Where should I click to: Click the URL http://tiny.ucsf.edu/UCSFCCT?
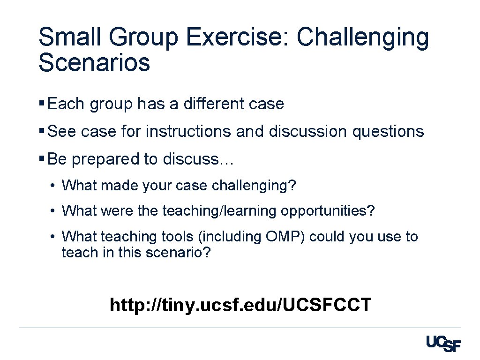[240, 305]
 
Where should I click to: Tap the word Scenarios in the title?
[94, 62]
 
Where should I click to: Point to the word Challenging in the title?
[363, 38]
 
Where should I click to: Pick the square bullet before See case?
[42, 131]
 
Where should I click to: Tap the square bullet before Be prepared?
[42, 159]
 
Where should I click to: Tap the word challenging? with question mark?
[254, 186]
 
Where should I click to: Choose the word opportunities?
[328, 211]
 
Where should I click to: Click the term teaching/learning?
[219, 211]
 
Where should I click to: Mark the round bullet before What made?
[53, 186]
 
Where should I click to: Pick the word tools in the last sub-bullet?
[178, 237]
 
